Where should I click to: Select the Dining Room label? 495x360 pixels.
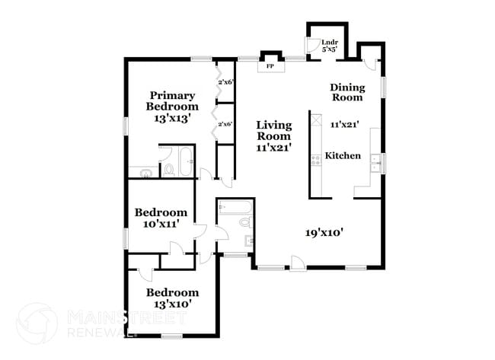tap(346, 92)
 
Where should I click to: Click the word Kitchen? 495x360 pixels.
tap(343, 155)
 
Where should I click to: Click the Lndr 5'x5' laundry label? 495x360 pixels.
tap(331, 46)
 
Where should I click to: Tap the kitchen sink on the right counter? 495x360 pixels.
tap(375, 160)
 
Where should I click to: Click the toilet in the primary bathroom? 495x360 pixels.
tap(167, 168)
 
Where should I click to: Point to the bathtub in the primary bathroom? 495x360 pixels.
tap(186, 162)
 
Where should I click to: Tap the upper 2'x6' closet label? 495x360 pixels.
tap(226, 81)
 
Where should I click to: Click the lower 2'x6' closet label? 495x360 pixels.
tap(225, 123)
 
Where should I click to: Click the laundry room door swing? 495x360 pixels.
tap(311, 46)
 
